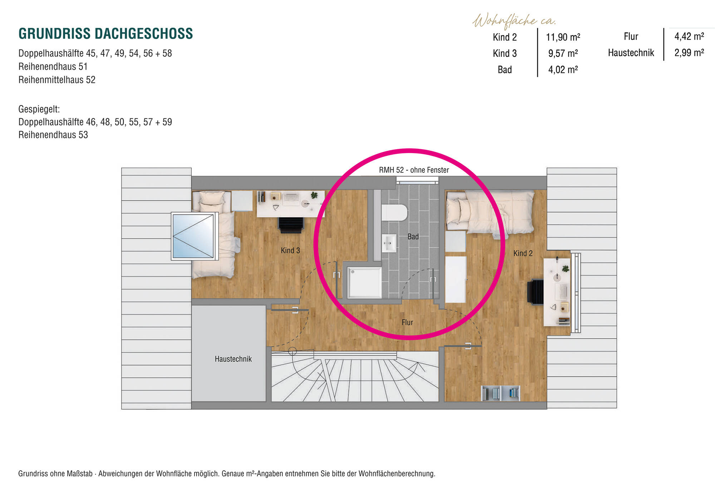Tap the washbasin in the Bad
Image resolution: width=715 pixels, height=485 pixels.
389,243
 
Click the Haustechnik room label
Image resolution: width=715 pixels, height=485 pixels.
233,359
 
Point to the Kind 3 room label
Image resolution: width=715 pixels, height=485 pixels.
290,250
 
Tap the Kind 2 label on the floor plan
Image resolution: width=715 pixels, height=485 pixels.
523,253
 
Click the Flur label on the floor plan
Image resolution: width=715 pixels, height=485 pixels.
407,322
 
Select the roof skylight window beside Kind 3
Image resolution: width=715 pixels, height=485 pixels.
193,236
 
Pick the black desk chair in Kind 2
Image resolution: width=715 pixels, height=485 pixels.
535,292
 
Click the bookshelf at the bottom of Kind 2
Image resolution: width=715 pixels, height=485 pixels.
500,393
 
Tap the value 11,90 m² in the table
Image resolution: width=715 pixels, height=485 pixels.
563,37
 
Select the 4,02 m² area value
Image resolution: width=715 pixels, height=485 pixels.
563,70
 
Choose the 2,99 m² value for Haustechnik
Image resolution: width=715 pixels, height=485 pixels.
689,53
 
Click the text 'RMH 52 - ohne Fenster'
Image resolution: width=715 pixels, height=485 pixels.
414,170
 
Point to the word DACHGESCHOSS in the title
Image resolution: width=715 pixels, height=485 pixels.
144,34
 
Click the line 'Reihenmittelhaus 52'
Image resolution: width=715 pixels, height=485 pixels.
57,80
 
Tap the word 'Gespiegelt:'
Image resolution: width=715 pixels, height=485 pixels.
39,109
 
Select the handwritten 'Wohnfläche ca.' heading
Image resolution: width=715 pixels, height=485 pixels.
514,21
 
